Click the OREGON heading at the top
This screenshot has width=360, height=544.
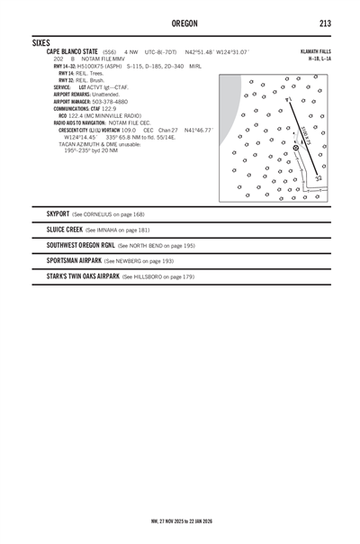point(180,22)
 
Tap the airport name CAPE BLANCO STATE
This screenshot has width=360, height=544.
point(72,52)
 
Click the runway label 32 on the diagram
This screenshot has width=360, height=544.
point(319,178)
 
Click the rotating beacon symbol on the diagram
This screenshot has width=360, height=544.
point(296,148)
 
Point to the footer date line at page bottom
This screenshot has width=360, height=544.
point(180,521)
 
